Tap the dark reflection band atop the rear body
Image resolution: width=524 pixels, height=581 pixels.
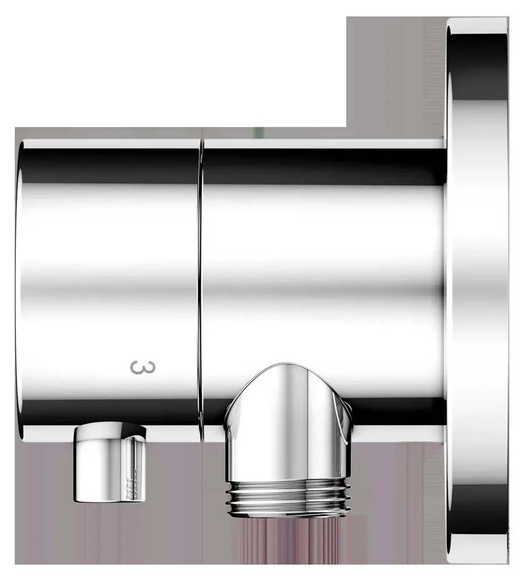324,167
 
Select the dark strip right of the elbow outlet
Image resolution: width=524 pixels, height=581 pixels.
398,411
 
